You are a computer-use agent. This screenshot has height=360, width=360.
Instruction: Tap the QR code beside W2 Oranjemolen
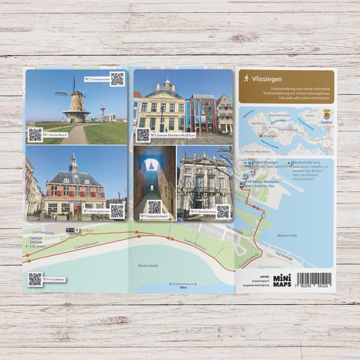[x=118, y=78]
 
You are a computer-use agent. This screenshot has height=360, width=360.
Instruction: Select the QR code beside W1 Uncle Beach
[x=35, y=134]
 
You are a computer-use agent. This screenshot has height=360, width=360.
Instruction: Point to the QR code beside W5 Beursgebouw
[x=117, y=210]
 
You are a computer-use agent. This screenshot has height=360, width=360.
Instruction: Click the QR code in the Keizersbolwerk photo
[x=155, y=207]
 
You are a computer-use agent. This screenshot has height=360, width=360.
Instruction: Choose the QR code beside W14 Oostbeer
[x=34, y=278]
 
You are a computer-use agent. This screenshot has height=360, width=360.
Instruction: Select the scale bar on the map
[x=183, y=283]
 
